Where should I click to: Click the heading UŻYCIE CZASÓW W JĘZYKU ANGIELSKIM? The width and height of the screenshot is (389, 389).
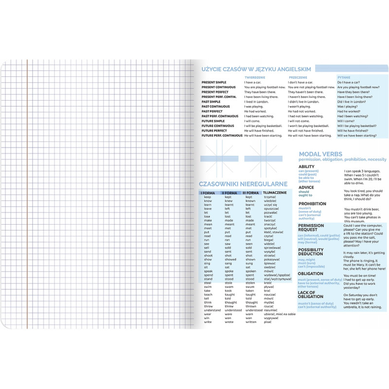tap(256, 70)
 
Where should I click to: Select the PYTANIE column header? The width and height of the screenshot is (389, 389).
tap(344, 77)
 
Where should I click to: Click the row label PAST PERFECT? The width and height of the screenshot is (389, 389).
tap(212, 111)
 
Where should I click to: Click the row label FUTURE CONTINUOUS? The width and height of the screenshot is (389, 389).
tap(217, 126)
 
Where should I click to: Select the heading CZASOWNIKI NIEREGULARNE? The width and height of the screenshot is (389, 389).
tap(244, 184)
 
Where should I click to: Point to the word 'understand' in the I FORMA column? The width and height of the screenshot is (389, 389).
tap(212, 310)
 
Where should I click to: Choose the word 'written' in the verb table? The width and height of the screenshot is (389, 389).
tap(251, 322)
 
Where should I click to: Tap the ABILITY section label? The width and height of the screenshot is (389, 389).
tap(306, 167)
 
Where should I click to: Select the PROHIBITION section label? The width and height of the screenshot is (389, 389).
tap(312, 204)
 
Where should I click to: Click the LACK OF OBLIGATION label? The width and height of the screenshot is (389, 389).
tap(310, 295)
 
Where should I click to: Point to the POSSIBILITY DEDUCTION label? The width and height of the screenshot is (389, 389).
tap(311, 252)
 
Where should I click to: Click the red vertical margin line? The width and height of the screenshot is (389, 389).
tap(27, 194)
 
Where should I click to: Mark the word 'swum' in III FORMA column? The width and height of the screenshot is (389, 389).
tap(250, 287)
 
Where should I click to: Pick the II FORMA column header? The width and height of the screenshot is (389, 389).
tap(230, 193)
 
